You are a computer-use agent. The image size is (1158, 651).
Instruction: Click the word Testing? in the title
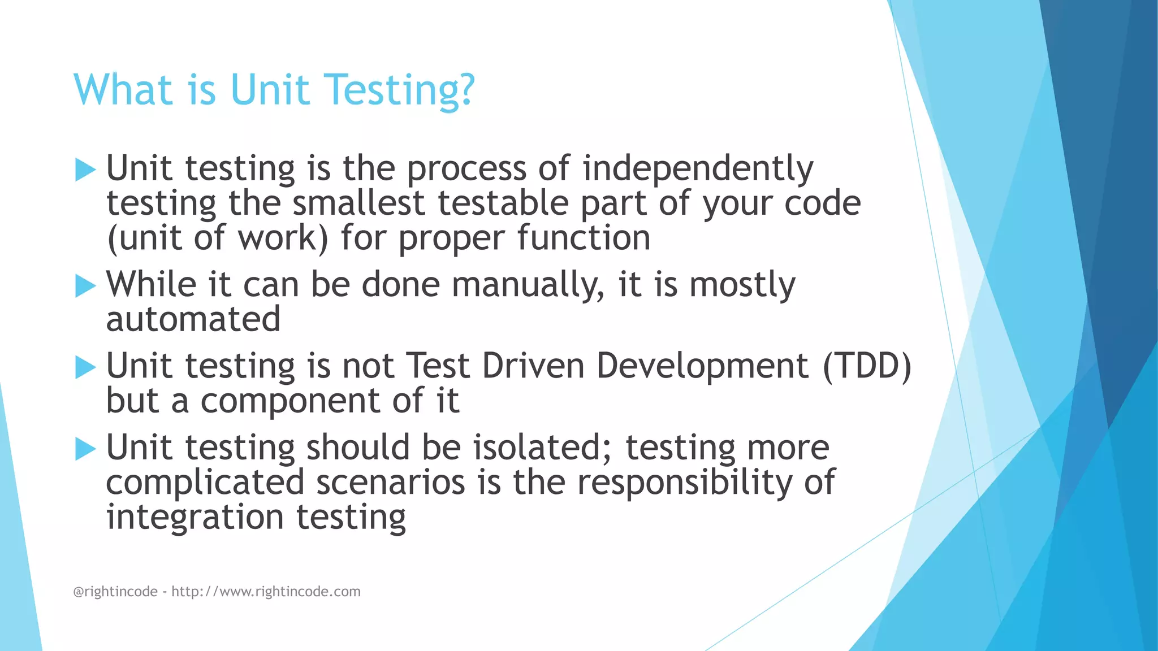point(400,90)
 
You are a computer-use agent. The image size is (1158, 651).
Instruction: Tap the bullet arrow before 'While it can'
point(85,286)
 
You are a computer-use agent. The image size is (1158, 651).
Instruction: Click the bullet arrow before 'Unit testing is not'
point(85,367)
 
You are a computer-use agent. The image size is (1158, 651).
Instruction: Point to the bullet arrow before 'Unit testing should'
point(85,449)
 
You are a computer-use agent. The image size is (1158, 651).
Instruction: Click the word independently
point(698,169)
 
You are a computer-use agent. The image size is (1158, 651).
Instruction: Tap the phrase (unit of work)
point(217,238)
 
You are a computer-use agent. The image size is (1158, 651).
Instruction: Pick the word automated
point(193,319)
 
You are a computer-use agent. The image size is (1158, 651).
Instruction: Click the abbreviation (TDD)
point(867,366)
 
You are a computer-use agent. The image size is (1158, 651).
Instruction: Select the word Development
point(702,366)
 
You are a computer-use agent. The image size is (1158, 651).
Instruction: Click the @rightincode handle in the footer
point(115,592)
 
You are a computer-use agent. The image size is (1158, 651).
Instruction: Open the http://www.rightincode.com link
point(266,592)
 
